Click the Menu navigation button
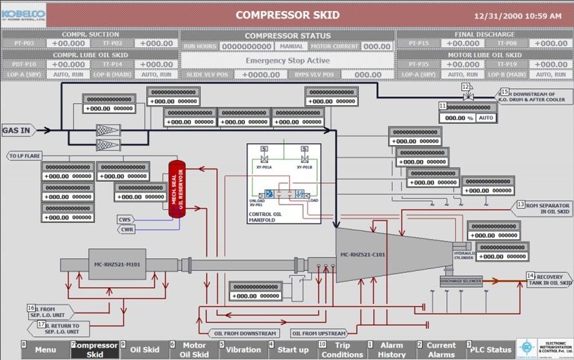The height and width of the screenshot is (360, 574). [46, 350]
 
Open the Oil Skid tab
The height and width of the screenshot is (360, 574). [144, 350]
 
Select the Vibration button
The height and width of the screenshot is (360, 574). [244, 350]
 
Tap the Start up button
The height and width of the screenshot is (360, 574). [293, 350]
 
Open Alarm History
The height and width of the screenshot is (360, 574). [391, 350]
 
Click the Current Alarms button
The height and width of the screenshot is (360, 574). [441, 350]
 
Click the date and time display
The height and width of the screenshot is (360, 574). [517, 15]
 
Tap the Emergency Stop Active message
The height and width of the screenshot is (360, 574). [288, 61]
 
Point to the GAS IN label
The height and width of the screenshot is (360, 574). [17, 130]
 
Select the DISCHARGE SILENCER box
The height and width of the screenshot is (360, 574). [460, 281]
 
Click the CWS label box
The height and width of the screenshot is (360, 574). [125, 219]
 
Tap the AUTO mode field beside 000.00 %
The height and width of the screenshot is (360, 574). [485, 118]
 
